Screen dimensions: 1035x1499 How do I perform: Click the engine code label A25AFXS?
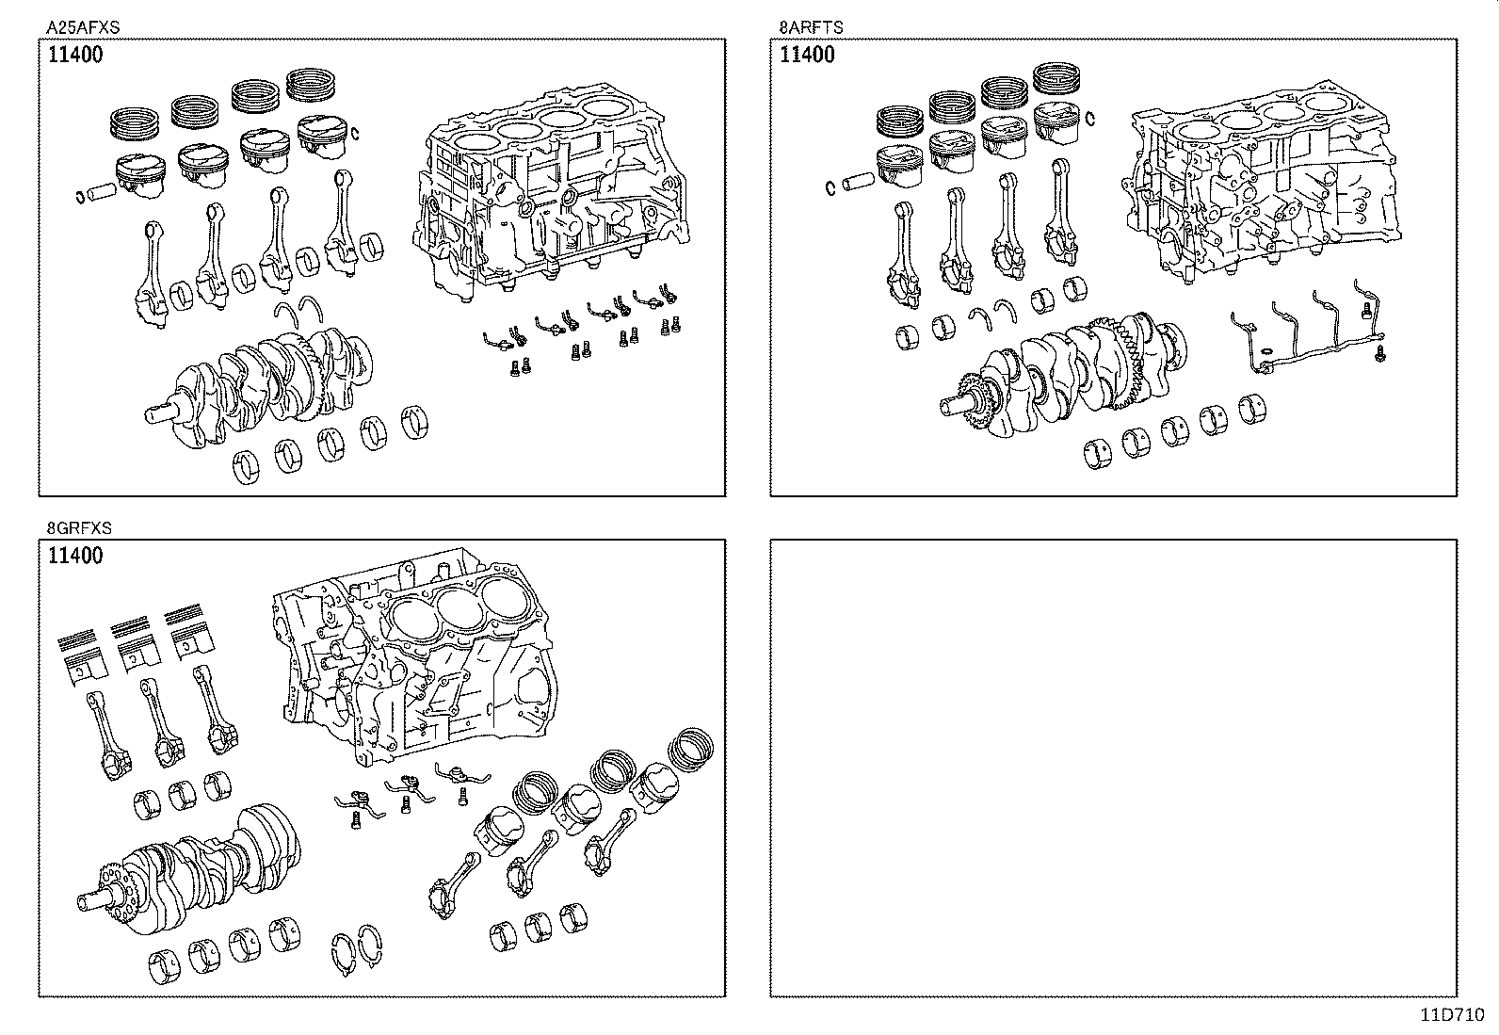pos(83,28)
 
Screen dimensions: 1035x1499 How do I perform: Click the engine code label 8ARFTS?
pos(811,28)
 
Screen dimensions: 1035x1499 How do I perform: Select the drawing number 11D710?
pos(1453,1015)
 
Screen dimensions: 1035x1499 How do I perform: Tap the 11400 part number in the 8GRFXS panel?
pos(75,556)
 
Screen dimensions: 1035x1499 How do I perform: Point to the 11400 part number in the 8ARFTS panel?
pos(807,55)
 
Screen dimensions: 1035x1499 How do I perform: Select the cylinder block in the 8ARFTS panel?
pos(1262,188)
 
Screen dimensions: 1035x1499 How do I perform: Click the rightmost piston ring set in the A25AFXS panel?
pos(317,85)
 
